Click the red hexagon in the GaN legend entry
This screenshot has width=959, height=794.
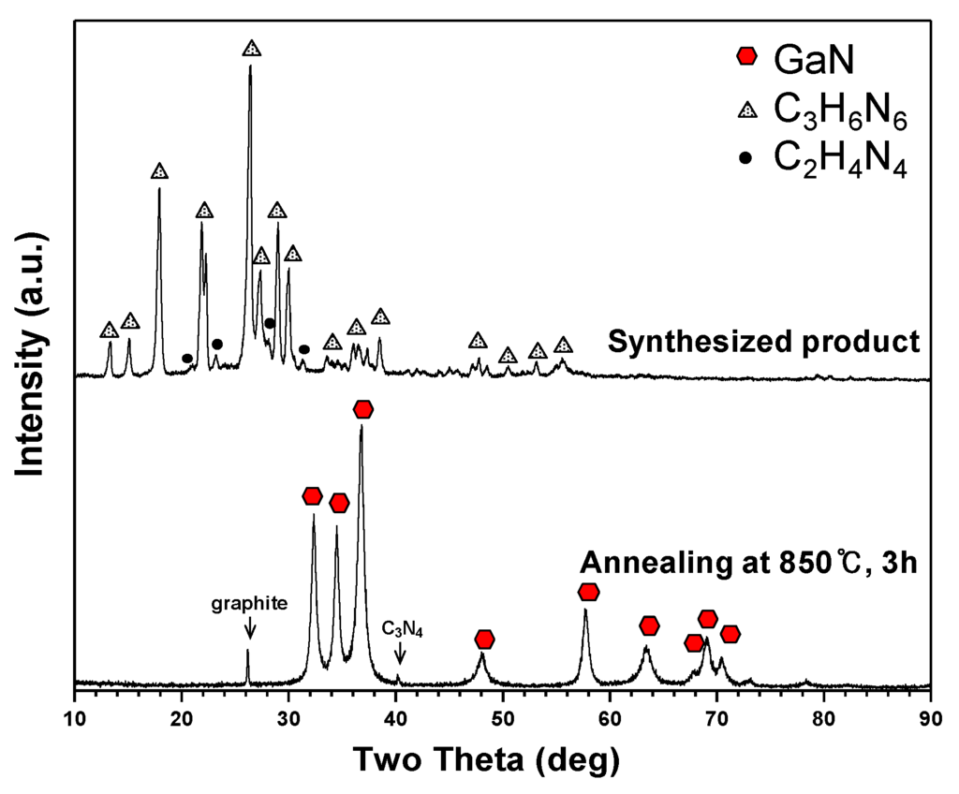tap(746, 57)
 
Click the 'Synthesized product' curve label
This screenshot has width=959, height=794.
tap(763, 342)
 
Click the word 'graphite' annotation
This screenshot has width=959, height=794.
tap(249, 604)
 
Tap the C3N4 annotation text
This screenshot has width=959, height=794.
tap(403, 629)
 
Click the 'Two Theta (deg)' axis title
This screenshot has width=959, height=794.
tap(485, 759)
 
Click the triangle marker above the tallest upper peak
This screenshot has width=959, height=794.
tap(251, 48)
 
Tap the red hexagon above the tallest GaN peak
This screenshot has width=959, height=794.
tap(363, 409)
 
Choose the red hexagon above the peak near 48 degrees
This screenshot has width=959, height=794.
tap(484, 640)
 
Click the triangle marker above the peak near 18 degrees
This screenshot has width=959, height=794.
tap(159, 171)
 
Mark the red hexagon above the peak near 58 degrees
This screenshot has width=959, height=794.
tap(588, 592)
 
